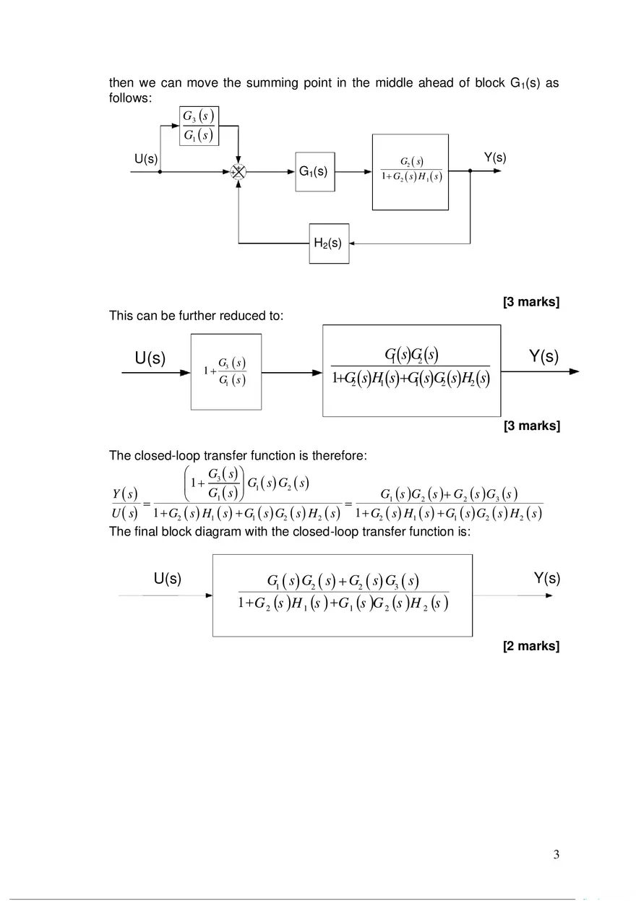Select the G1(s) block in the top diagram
(x=315, y=172)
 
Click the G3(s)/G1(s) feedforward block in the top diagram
(x=198, y=126)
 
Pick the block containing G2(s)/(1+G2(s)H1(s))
(x=411, y=172)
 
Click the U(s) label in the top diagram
(x=146, y=158)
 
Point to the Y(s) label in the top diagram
(x=494, y=158)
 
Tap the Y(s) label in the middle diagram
(x=543, y=357)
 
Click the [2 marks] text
(x=531, y=646)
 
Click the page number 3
(x=556, y=855)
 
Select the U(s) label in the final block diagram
(x=167, y=579)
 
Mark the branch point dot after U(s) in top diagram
(x=160, y=172)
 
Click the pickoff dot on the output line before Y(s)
(x=470, y=172)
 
